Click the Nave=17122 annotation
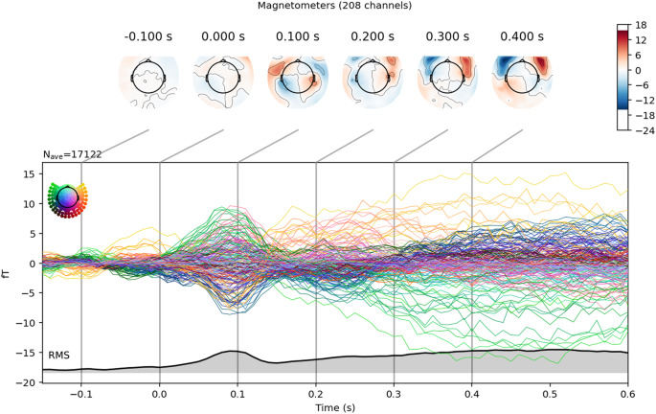[x=73, y=154]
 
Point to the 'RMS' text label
[x=59, y=356]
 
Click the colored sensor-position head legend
[x=67, y=197]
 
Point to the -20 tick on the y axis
[x=29, y=382]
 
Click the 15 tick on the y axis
[x=32, y=173]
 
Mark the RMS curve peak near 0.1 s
[x=233, y=351]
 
